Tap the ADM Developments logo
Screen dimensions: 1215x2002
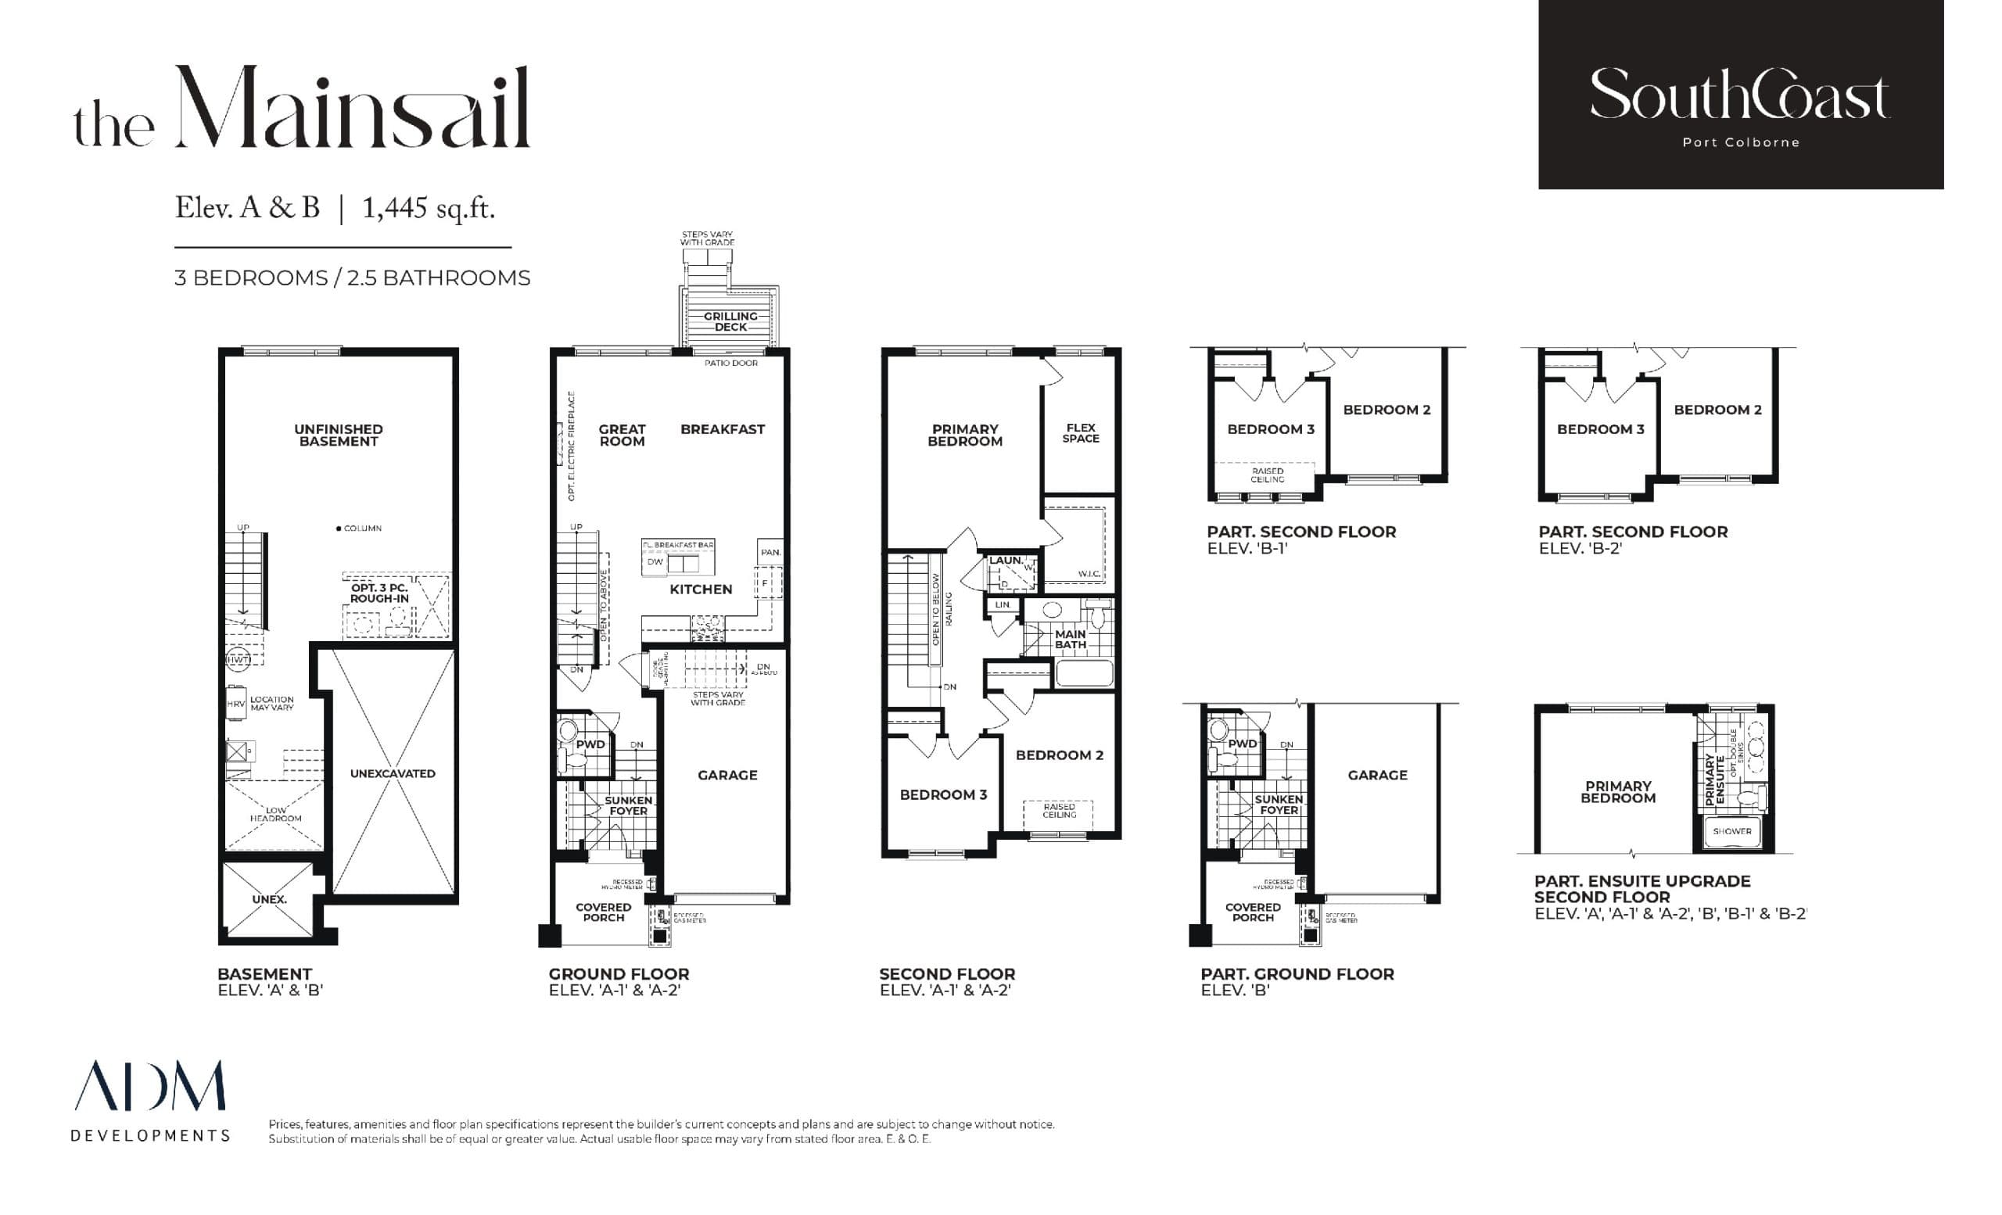(x=150, y=1101)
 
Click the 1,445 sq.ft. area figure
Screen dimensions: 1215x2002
(x=429, y=209)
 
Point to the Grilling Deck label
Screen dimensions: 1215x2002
(x=730, y=321)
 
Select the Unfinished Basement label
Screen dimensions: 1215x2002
(x=338, y=435)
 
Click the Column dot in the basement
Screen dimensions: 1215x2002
(x=339, y=529)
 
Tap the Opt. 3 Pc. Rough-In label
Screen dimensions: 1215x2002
(x=379, y=593)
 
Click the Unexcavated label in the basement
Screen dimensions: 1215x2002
(x=393, y=774)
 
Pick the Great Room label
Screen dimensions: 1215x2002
(x=622, y=435)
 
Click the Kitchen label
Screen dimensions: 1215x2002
(x=701, y=590)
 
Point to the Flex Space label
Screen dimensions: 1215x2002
(x=1081, y=433)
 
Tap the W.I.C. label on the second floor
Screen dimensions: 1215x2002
(x=1089, y=574)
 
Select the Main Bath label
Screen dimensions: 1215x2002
(x=1070, y=640)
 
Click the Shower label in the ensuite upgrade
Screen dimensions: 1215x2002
(x=1732, y=831)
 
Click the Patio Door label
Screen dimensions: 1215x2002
(x=730, y=363)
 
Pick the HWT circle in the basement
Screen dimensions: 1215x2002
(x=237, y=659)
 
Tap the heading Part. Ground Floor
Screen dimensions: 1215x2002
(x=1297, y=973)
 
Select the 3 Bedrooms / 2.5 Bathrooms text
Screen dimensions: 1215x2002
(x=352, y=278)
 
